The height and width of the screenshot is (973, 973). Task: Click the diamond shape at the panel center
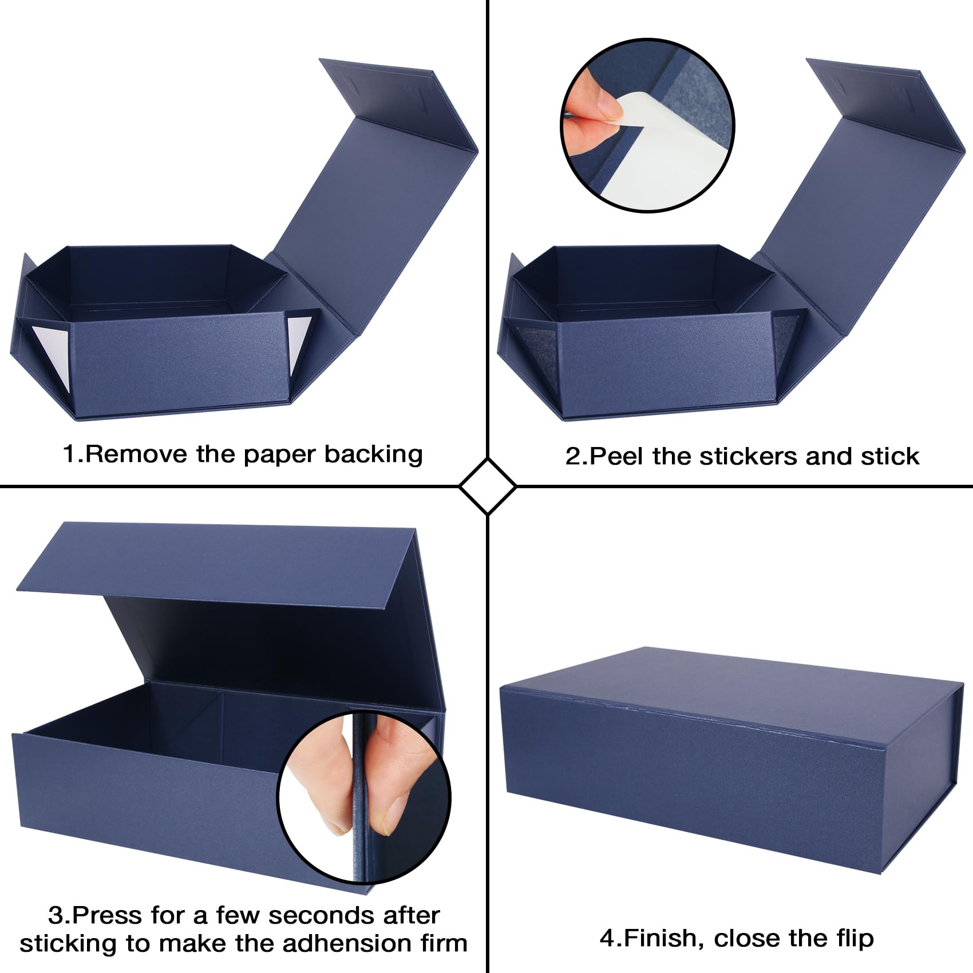click(x=488, y=486)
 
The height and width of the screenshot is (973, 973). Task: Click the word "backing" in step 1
click(x=374, y=454)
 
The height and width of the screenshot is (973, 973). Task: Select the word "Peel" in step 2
click(x=617, y=456)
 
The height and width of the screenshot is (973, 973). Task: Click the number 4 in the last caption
click(x=608, y=939)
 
